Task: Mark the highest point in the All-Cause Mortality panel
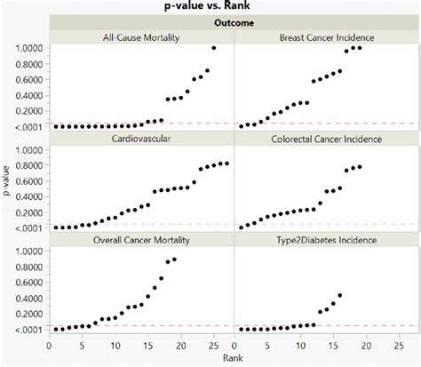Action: [213, 48]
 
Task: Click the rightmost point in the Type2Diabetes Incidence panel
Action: [339, 295]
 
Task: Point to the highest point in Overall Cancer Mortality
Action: [174, 259]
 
